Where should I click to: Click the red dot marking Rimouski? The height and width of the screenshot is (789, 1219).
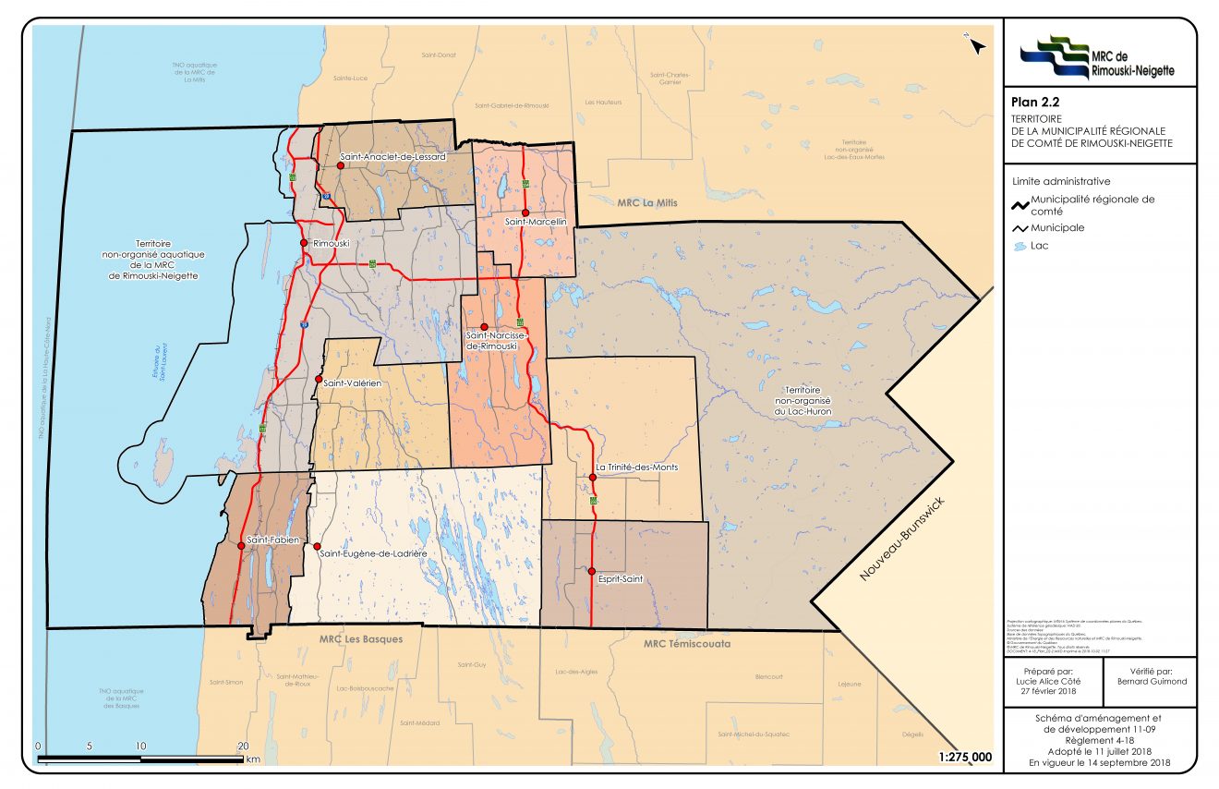[x=303, y=242]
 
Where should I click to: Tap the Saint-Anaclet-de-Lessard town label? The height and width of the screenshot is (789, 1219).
[x=393, y=157]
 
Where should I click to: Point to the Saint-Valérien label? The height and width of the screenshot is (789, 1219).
[x=352, y=381]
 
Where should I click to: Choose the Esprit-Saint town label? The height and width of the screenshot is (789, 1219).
[x=620, y=580]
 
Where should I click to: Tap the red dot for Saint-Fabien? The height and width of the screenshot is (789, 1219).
[x=241, y=546]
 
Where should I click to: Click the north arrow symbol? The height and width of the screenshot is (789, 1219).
[x=975, y=46]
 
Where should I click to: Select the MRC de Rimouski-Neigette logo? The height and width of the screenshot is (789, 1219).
[x=1099, y=56]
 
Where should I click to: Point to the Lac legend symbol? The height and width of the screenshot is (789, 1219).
[x=1020, y=247]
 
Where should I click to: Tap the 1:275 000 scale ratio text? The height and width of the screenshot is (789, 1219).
[x=965, y=757]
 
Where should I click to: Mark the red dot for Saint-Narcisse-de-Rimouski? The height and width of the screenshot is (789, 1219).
[x=483, y=326]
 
